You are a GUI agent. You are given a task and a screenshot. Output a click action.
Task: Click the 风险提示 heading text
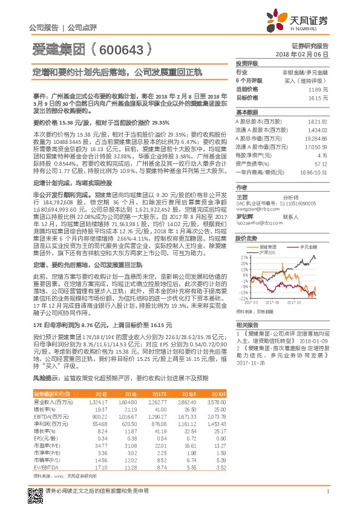(x=47, y=377)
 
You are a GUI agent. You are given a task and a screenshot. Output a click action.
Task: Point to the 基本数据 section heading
(x=247, y=112)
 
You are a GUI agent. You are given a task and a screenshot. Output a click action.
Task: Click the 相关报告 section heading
(x=247, y=324)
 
